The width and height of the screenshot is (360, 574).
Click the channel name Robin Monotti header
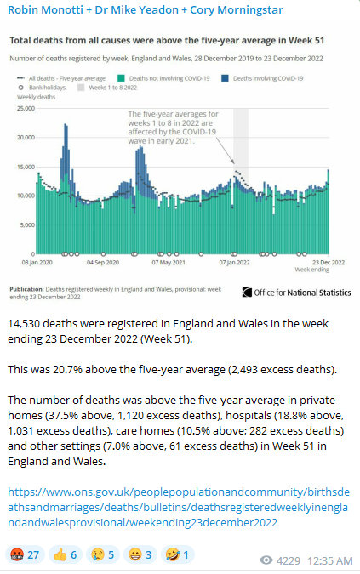coord(146,10)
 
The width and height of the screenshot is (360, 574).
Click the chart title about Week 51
coord(167,40)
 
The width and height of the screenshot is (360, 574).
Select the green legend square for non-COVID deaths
coord(121,78)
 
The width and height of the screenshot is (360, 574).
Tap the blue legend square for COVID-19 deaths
coord(225,78)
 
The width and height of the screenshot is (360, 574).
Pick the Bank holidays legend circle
coord(21,88)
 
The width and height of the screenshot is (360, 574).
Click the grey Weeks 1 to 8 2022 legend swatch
coord(81,88)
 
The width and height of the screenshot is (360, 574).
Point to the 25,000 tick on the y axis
coord(26,108)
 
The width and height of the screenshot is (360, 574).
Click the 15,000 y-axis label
coord(26,167)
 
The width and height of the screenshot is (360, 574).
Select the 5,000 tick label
coord(27,224)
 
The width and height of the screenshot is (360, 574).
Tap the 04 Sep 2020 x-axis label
coord(103,263)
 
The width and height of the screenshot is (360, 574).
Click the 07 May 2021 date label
coord(169,263)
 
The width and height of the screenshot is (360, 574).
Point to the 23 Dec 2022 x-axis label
coord(329,263)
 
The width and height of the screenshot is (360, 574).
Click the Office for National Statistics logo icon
coord(247,293)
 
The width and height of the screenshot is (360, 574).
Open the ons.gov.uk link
coord(179,507)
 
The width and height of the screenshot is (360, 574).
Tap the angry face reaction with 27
coord(25,555)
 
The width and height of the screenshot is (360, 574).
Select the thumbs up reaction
coord(66,555)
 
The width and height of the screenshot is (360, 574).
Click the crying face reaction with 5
coord(102,555)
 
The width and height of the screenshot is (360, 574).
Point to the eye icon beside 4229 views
coord(266,560)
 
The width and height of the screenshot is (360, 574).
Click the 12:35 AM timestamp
coord(330,560)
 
